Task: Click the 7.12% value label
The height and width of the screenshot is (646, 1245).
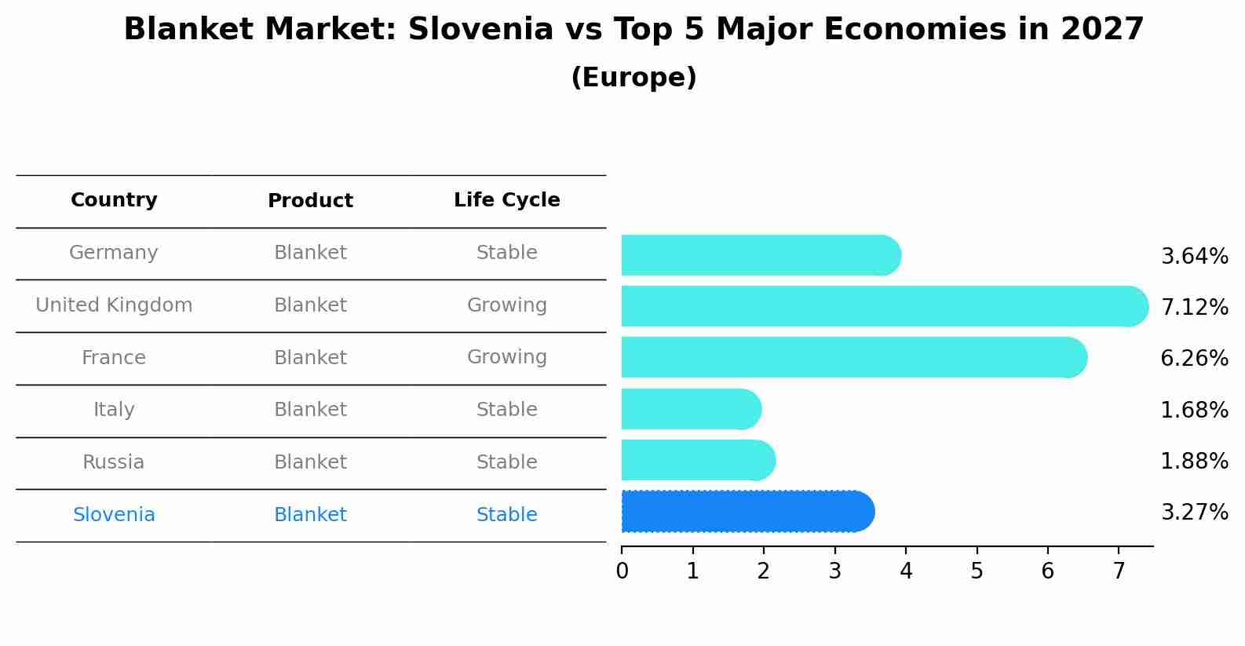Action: pyautogui.click(x=1194, y=307)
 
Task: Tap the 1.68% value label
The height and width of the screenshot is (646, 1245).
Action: pyautogui.click(x=1194, y=410)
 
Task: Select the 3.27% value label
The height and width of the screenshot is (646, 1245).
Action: pyautogui.click(x=1194, y=513)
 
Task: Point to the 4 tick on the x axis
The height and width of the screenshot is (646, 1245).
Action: pyautogui.click(x=906, y=571)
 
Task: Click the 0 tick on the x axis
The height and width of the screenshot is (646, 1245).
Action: pyautogui.click(x=622, y=571)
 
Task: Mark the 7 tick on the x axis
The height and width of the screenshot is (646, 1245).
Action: pyautogui.click(x=1119, y=571)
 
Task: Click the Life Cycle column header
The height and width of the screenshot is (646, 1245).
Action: pyautogui.click(x=506, y=200)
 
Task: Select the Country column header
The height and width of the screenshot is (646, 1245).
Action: pyautogui.click(x=114, y=200)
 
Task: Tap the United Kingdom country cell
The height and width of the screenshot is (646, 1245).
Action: pyautogui.click(x=114, y=305)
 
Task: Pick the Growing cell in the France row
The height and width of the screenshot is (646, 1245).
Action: pyautogui.click(x=506, y=357)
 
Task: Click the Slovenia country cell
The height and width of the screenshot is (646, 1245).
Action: pyautogui.click(x=114, y=515)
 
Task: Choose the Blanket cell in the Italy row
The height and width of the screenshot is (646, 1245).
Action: pyautogui.click(x=310, y=410)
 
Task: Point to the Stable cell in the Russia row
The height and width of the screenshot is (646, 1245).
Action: pyautogui.click(x=506, y=462)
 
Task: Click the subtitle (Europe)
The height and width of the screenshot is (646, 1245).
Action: pyautogui.click(x=633, y=78)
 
